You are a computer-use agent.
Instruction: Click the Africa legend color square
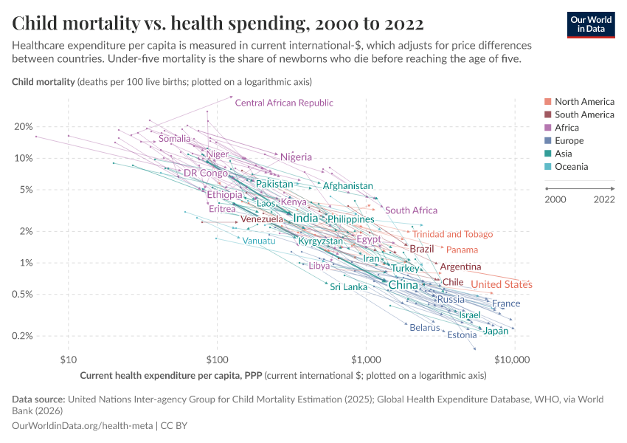coord(547,128)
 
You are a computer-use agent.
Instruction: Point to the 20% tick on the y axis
coord(24,127)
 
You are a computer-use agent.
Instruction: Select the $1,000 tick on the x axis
coord(365,360)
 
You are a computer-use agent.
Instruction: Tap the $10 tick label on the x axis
coord(68,360)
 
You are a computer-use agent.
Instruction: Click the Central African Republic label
coord(284,103)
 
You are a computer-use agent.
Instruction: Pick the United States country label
coord(502,284)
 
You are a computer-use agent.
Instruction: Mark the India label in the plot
coord(305,219)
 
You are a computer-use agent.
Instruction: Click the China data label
coord(403,285)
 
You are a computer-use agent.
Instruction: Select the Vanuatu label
coord(259,241)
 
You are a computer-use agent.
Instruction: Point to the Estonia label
coord(462,335)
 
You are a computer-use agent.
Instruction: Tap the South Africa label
coord(411,210)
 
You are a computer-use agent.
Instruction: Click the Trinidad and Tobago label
coord(452,234)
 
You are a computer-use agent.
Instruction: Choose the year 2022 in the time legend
coord(603,199)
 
